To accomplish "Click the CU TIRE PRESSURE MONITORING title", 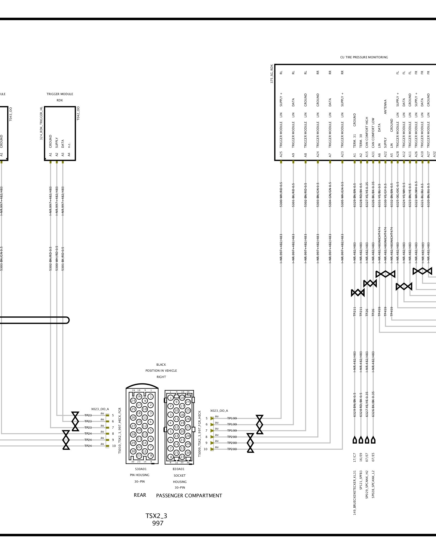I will tap(364, 57).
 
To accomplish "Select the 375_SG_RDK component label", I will tap(272, 74).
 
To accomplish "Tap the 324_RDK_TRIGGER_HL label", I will tap(41, 123).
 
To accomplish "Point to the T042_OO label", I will tap(78, 113).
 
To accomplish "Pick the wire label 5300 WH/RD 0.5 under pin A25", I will tap(281, 195).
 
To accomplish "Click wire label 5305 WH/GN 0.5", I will tap(342, 195).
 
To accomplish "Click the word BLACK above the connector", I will tap(161, 365).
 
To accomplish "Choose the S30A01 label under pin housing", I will tap(141, 469).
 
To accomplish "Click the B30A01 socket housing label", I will tap(178, 469).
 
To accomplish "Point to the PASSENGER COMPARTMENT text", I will tap(189, 496).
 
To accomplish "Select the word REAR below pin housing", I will tap(140, 495).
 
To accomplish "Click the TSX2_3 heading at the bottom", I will tap(156, 516).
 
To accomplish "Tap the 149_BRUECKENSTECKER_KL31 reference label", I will tap(355, 493).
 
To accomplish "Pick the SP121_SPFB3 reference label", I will tap(361, 484).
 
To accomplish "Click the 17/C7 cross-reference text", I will tap(355, 458).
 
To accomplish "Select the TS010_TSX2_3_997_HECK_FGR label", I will tap(120, 431).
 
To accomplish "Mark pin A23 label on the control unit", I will tap(342, 155).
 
